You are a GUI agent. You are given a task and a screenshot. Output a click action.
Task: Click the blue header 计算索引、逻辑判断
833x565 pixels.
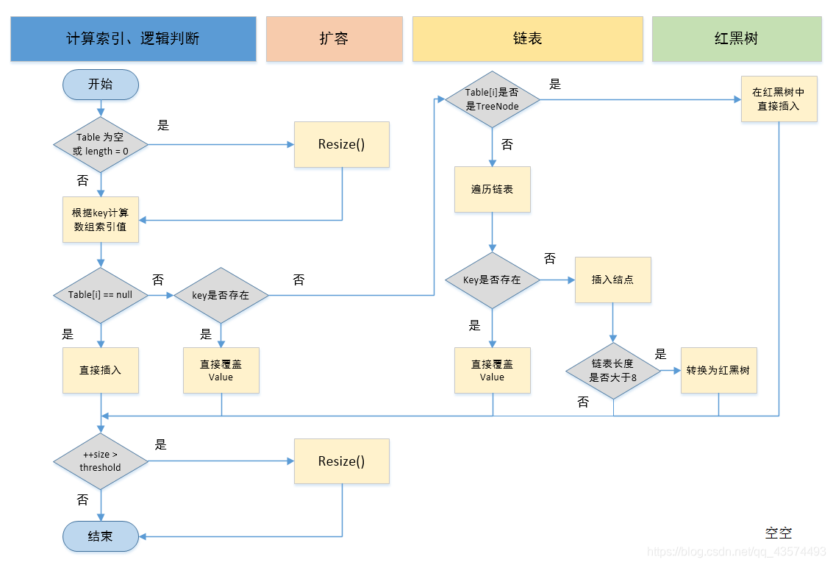tap(133, 39)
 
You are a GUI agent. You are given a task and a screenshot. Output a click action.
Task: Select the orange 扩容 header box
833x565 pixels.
tap(334, 39)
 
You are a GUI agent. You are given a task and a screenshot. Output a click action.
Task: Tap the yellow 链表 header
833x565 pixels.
tap(527, 39)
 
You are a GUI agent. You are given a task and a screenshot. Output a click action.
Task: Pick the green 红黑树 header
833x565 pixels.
tap(736, 39)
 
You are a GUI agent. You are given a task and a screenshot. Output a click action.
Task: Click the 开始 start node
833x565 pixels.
tap(101, 85)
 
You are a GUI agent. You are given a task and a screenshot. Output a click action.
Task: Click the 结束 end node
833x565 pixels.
tap(101, 536)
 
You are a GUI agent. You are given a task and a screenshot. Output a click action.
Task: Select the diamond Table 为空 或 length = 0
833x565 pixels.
tap(101, 145)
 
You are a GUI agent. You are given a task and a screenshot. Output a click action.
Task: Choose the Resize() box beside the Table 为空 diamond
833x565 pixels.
tap(341, 145)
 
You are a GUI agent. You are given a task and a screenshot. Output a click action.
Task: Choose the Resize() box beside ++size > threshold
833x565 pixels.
tap(341, 461)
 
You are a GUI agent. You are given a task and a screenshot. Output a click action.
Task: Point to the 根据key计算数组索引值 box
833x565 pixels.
tap(101, 219)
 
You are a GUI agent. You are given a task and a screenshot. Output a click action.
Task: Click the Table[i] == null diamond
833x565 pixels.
tap(101, 295)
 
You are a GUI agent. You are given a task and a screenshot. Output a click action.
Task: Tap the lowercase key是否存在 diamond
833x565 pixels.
tap(221, 295)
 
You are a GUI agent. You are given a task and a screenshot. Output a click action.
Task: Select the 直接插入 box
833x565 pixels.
tap(101, 370)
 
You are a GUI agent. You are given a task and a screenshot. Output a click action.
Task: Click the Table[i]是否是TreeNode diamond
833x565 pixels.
tap(493, 99)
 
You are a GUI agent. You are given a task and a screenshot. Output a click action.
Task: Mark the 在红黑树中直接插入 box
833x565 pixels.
tap(779, 99)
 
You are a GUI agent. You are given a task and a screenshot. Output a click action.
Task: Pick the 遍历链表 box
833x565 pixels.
tap(493, 190)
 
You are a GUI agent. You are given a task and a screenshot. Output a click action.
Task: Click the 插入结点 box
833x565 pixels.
tap(612, 280)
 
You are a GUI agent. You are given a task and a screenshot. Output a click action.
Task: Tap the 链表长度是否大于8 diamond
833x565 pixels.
tap(613, 371)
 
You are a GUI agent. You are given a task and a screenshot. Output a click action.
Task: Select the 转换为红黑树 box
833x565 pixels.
tap(718, 370)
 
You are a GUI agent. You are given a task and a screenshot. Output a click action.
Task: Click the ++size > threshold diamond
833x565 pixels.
tap(101, 461)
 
